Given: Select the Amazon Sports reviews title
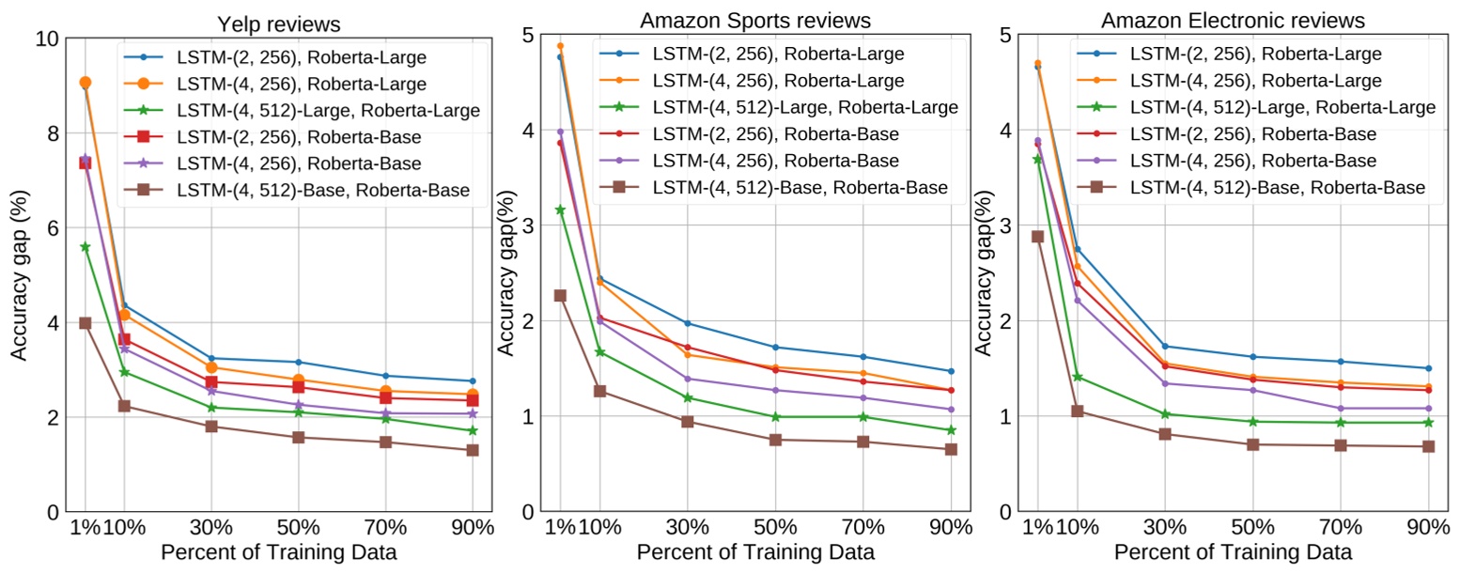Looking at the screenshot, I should pos(755,20).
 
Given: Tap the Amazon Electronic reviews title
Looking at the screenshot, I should pos(1233,20).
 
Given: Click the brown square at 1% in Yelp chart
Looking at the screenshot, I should pos(85,323).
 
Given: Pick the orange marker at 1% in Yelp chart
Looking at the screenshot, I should pos(85,83).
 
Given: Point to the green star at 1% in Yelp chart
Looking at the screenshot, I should pos(85,247).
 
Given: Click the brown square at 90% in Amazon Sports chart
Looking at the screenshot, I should pos(951,449).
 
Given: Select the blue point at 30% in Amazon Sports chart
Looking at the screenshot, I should pos(689,323).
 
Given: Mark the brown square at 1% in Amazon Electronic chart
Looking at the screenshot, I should pos(1038,237).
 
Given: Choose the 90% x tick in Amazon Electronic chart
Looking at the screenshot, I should pos(1428,528).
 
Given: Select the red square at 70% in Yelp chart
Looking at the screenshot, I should pos(385,397).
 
